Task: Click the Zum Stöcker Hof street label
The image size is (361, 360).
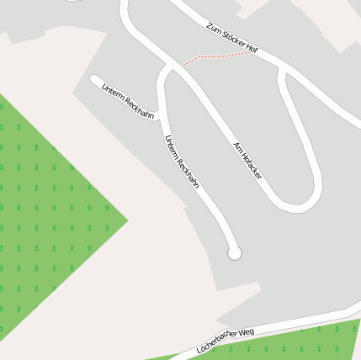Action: [231, 39]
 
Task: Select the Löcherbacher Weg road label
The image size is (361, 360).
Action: [225, 339]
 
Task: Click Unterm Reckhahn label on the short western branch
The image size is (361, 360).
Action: [128, 100]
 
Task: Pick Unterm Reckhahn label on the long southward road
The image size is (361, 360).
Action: [182, 161]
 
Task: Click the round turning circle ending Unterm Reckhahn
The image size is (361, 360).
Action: [235, 252]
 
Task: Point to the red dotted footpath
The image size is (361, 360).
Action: [215, 57]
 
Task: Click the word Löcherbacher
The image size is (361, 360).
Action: [216, 341]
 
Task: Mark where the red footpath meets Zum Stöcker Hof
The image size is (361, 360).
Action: [252, 52]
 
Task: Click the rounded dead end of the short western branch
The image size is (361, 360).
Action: [95, 80]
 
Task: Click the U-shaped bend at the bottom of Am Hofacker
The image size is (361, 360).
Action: [299, 202]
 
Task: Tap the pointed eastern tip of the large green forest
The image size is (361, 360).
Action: [127, 220]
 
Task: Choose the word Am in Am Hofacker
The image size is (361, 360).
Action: [236, 145]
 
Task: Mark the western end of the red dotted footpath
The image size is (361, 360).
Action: [179, 65]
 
